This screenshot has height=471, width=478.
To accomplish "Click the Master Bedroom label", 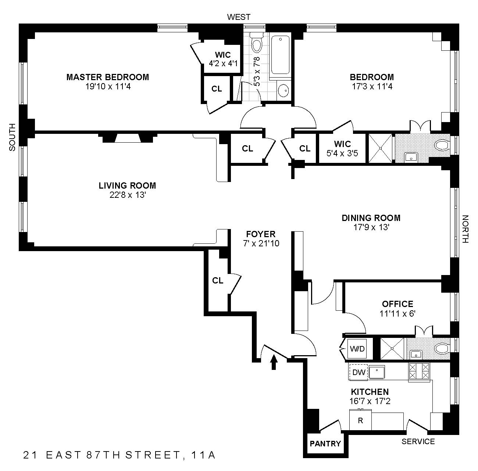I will tap(107, 77).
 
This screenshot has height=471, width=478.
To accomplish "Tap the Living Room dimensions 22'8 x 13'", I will tap(127, 195).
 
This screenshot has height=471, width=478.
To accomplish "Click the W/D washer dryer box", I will tap(357, 349).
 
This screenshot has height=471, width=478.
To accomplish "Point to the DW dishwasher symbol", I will tap(358, 372).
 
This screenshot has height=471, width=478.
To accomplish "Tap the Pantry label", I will tap(325, 444).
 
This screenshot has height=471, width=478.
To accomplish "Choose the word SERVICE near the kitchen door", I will tap(418, 442).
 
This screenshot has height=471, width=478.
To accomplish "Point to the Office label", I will tap(397, 304).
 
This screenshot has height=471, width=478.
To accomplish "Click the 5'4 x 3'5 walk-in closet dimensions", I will tap(342, 153).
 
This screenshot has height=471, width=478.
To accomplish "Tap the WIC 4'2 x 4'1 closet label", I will tap(223, 59).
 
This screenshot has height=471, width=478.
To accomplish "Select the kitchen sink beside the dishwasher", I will tap(377, 372).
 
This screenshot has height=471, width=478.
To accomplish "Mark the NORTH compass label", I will tap(465, 229).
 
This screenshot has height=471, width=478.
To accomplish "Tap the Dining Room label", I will tap(371, 218).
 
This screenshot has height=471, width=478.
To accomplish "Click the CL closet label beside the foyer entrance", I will tap(218, 281).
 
